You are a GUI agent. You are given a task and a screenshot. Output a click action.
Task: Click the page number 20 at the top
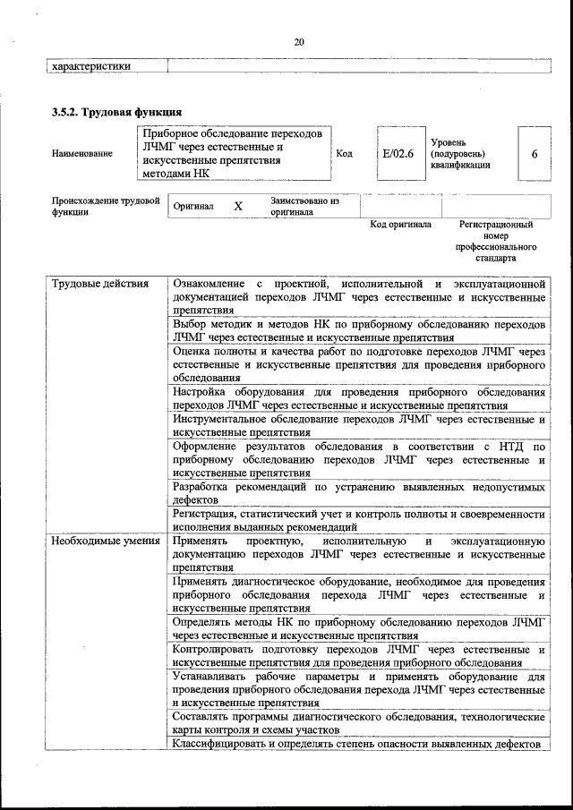pos(299,41)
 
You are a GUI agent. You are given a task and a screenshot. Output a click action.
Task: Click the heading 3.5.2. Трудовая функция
pos(116,113)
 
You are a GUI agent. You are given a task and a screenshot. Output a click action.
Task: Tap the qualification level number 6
pos(535,153)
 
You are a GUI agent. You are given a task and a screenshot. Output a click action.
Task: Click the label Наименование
pos(82,154)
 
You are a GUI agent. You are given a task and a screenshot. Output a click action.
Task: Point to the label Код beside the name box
pos(344,153)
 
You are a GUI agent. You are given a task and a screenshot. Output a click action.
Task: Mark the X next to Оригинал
pos(238,207)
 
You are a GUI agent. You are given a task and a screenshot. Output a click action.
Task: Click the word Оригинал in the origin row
pos(193,207)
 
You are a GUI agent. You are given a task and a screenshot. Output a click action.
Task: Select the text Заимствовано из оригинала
pos(304,208)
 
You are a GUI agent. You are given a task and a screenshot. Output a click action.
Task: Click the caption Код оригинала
pos(400,225)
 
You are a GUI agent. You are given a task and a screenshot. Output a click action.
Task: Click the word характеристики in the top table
pos(91,65)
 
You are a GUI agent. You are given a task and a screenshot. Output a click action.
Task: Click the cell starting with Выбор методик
pos(359,331)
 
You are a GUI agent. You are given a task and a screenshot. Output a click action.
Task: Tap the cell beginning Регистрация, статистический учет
pos(359,521)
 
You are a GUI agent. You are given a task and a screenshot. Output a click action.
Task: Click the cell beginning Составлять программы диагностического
pos(359,724)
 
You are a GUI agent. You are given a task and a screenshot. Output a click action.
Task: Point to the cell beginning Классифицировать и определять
pos(359,745)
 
